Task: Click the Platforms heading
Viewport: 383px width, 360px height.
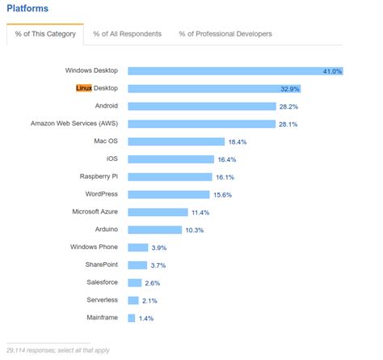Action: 27,9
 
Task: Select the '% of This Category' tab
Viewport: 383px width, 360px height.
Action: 45,34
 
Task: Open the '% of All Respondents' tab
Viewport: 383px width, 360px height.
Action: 127,34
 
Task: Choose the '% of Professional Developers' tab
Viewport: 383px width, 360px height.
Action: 226,34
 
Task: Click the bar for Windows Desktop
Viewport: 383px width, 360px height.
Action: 234,71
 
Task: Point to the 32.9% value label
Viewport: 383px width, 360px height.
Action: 313,88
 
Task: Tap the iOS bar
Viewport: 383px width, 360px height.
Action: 170,159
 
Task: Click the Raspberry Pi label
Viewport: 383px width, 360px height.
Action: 99,176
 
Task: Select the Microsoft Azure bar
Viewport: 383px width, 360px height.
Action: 158,212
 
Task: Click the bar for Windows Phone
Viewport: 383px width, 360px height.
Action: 138,247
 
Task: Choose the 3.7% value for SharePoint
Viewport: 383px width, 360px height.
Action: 160,265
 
